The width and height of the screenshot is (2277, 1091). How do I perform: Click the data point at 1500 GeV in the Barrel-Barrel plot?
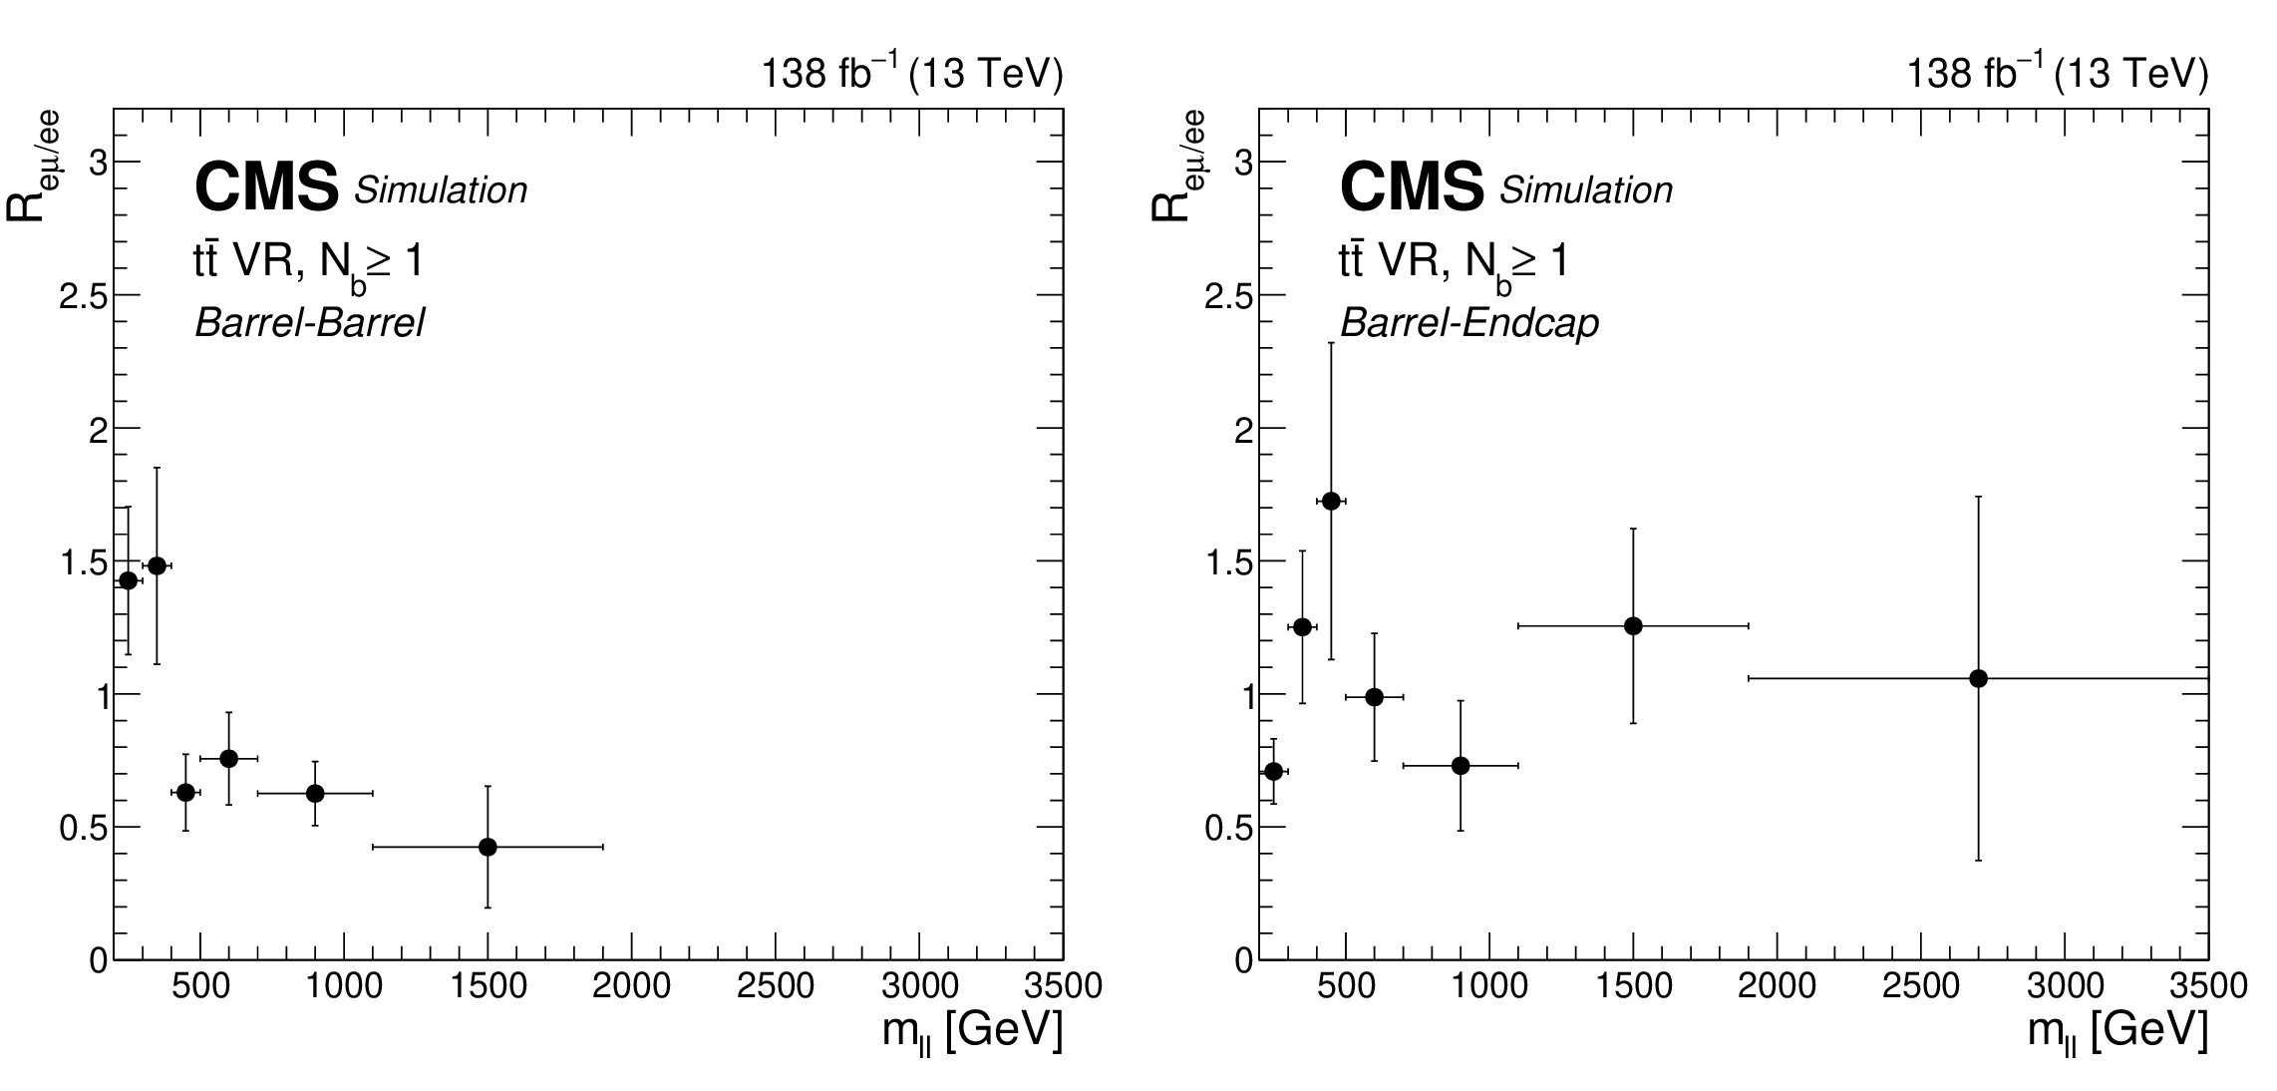[488, 847]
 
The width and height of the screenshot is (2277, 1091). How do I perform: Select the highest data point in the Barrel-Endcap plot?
[1331, 501]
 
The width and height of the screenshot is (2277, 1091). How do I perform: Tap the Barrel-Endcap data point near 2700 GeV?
[1978, 678]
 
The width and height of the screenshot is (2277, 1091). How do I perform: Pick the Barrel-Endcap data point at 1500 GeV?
[1633, 626]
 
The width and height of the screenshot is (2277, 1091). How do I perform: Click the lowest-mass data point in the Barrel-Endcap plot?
[1273, 771]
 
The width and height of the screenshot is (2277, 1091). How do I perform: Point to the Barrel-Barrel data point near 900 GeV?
[315, 793]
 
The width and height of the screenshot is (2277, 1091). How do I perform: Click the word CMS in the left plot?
[267, 187]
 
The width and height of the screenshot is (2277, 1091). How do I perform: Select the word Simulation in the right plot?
[1585, 189]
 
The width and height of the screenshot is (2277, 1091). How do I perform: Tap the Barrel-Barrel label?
[310, 323]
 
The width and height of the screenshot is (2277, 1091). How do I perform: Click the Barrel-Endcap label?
[1469, 323]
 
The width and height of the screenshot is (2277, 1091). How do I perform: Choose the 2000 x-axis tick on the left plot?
[631, 986]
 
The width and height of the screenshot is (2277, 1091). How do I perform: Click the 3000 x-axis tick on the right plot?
[2064, 986]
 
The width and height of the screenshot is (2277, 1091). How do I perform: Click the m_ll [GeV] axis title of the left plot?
[972, 1032]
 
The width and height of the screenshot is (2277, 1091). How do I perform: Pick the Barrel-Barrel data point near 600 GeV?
[228, 758]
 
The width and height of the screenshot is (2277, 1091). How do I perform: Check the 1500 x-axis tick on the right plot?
[1633, 986]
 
